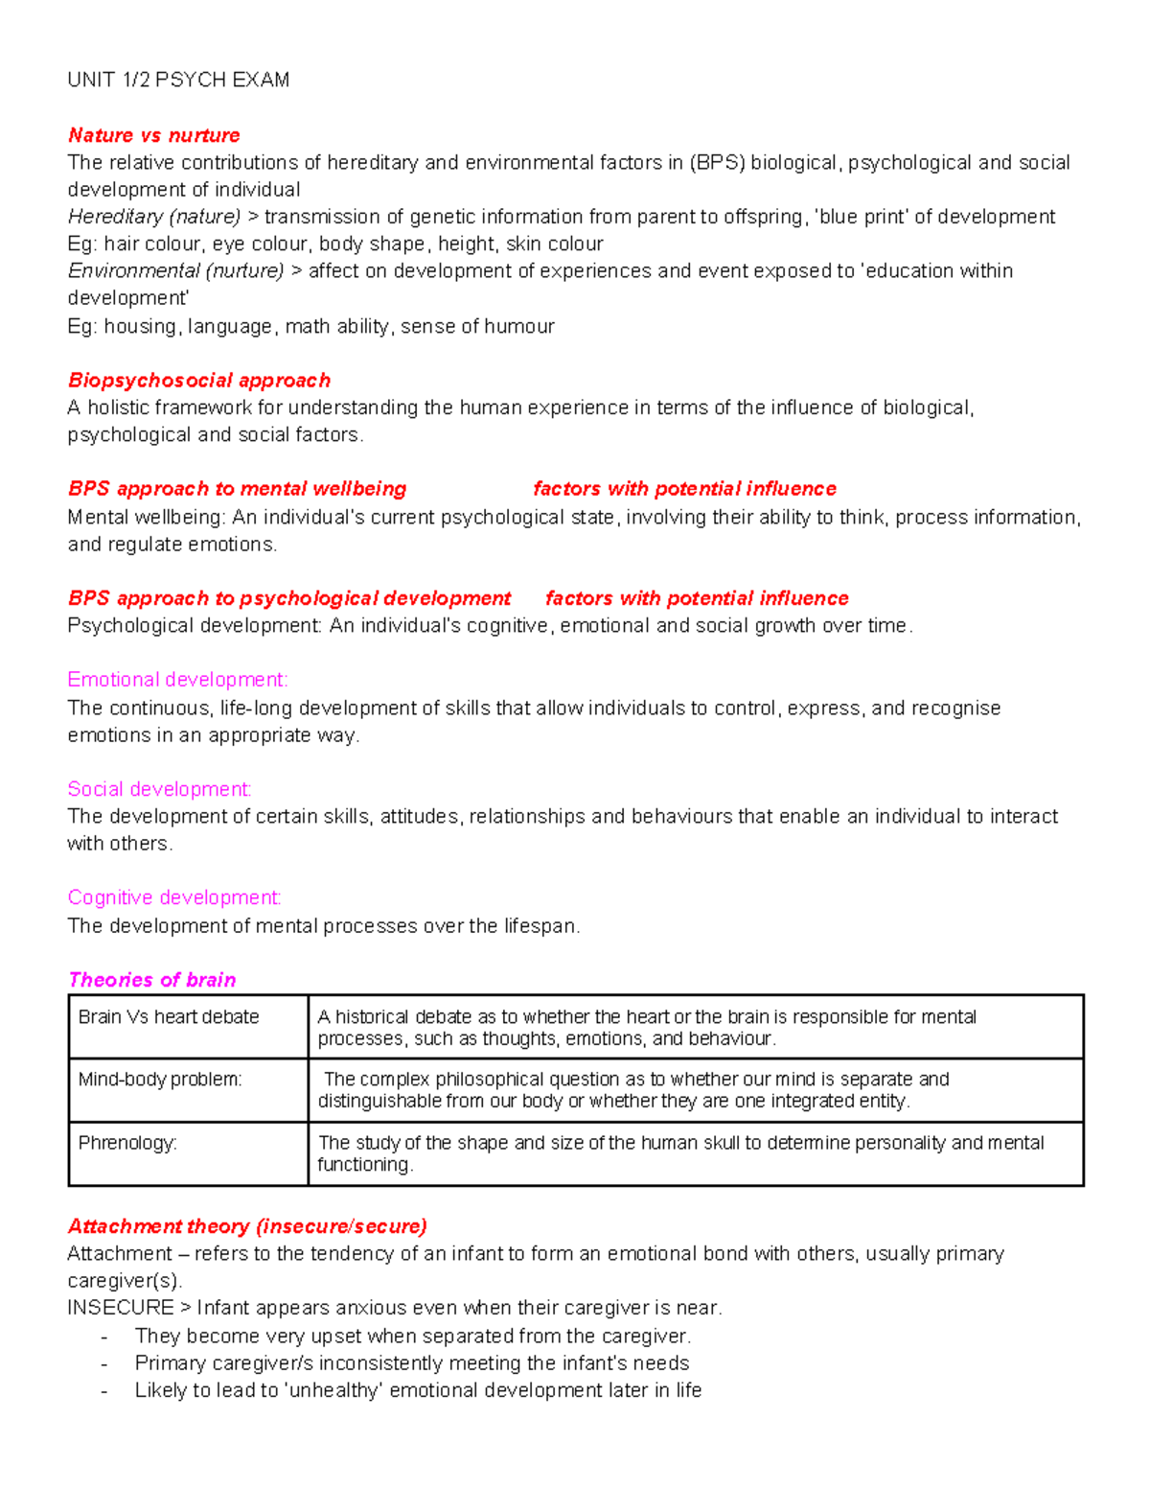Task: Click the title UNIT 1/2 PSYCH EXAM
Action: pyautogui.click(x=178, y=81)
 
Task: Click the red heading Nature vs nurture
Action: pyautogui.click(x=153, y=135)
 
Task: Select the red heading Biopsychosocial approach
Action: pyautogui.click(x=198, y=381)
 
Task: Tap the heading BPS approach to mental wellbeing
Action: pyautogui.click(x=237, y=489)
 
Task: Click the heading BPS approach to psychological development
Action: pyautogui.click(x=288, y=598)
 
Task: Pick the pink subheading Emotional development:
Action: pyautogui.click(x=177, y=680)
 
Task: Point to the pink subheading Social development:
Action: pyautogui.click(x=159, y=789)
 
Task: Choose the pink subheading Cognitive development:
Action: pyautogui.click(x=174, y=897)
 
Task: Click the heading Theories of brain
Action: pyautogui.click(x=151, y=980)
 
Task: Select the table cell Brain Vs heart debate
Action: pyautogui.click(x=169, y=1017)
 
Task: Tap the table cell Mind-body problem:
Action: pyautogui.click(x=160, y=1080)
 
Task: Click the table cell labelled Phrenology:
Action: pyautogui.click(x=127, y=1143)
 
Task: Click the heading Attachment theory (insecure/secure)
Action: pyautogui.click(x=247, y=1226)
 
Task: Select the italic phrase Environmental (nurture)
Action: pyautogui.click(x=175, y=271)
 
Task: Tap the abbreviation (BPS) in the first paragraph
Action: pyautogui.click(x=717, y=163)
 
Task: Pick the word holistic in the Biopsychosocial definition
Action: pyautogui.click(x=118, y=408)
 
